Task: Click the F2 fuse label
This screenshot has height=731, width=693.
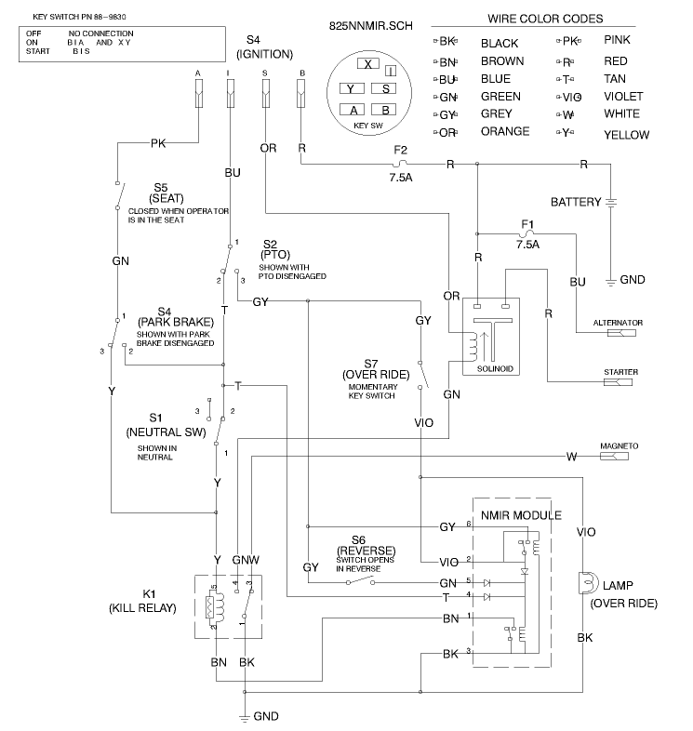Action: click(401, 149)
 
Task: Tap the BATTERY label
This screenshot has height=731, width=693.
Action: click(576, 202)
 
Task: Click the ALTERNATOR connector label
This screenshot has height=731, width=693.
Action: click(618, 322)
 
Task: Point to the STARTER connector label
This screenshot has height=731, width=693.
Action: click(620, 372)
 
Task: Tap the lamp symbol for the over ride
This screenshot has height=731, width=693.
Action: click(585, 583)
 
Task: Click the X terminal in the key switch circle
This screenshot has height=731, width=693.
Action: click(369, 64)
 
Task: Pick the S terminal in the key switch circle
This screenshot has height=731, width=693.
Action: click(384, 88)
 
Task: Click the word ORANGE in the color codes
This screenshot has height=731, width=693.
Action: click(505, 131)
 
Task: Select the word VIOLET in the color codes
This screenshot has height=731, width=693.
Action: click(622, 96)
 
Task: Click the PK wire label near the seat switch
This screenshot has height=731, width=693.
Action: click(158, 143)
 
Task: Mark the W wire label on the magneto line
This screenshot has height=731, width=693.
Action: click(571, 457)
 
